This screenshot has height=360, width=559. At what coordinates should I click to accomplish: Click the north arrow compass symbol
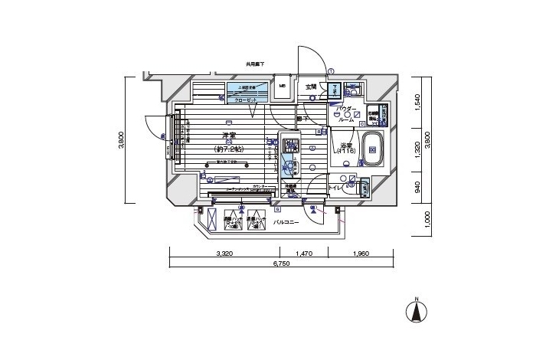(417, 310)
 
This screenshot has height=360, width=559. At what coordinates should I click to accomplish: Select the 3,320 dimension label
(224, 253)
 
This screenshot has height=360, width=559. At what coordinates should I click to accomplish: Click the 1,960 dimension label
(361, 253)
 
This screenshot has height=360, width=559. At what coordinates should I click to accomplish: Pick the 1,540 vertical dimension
(419, 101)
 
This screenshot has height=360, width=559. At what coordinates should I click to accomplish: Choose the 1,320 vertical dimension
(419, 150)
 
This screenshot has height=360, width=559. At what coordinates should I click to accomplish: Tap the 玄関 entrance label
(311, 87)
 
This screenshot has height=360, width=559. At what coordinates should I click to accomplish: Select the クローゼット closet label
(245, 100)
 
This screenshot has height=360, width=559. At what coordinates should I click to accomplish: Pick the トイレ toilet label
(334, 187)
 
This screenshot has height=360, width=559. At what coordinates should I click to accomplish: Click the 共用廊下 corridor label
(255, 64)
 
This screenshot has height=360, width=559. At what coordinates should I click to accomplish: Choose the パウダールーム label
(346, 115)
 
